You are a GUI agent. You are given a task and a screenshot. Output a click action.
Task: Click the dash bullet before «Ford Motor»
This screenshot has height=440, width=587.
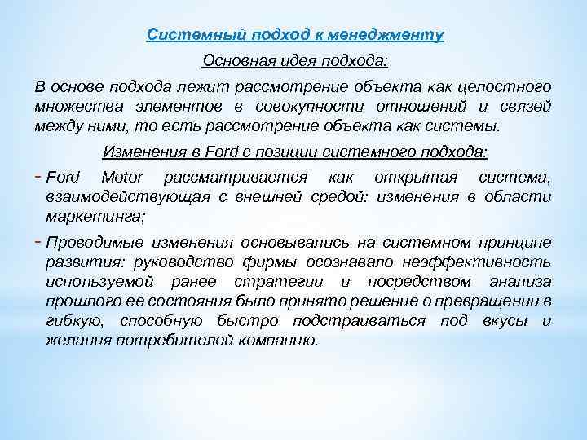40,176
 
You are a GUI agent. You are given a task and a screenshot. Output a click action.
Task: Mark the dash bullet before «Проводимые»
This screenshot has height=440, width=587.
40,241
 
